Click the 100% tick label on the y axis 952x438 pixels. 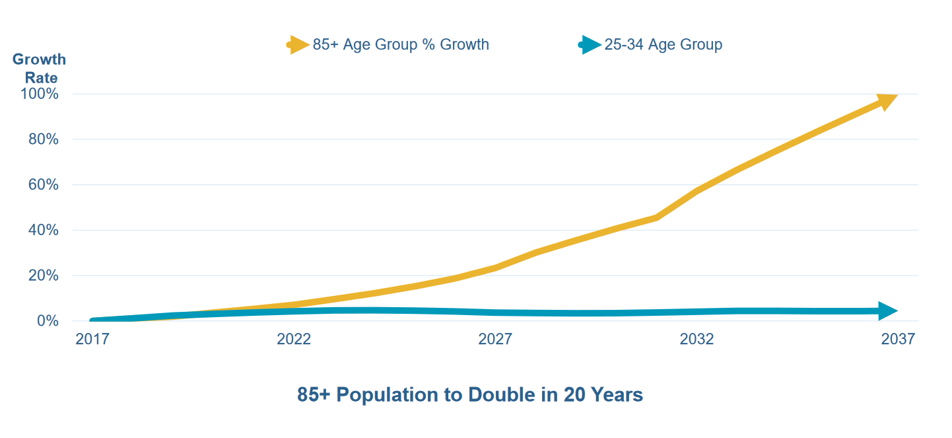40,94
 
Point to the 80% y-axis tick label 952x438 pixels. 43,139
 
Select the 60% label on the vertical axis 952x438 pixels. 43,185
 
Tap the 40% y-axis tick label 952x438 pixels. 43,231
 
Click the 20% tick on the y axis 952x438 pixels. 43,275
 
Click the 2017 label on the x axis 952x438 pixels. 92,340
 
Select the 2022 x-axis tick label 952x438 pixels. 294,340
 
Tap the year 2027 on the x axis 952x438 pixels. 495,340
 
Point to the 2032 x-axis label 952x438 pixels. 697,340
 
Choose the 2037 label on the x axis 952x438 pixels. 898,340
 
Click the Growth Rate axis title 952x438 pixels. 40,68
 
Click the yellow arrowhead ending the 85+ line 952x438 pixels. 886,100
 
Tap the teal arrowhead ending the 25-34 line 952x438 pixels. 887,311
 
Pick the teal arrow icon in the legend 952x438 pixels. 590,45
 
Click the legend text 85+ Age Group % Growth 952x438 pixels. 401,45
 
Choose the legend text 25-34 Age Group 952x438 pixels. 663,45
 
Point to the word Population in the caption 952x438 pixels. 392,395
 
